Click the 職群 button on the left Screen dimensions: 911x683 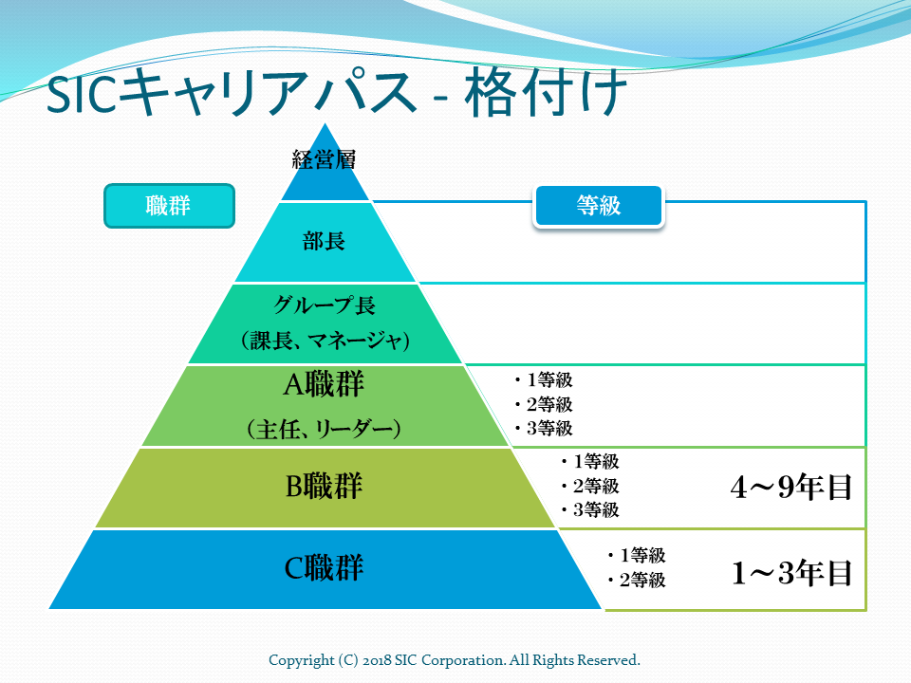169,206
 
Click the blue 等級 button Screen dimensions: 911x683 599,206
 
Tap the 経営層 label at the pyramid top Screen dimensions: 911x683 324,159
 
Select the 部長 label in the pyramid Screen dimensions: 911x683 324,240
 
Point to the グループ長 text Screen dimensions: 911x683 325,305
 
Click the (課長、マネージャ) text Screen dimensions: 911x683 325,340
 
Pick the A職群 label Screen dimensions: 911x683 324,384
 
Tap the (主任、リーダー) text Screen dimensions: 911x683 324,429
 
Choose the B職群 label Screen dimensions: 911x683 324,486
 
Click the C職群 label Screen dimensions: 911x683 324,567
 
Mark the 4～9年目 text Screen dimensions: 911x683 790,487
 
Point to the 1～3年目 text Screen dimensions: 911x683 791,573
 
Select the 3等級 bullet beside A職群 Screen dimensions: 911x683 544,429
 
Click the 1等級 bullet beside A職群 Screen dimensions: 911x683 544,379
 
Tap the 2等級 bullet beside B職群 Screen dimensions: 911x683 590,486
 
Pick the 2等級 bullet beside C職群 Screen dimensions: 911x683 637,580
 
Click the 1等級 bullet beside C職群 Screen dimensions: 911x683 637,555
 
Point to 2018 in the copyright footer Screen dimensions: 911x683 377,660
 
